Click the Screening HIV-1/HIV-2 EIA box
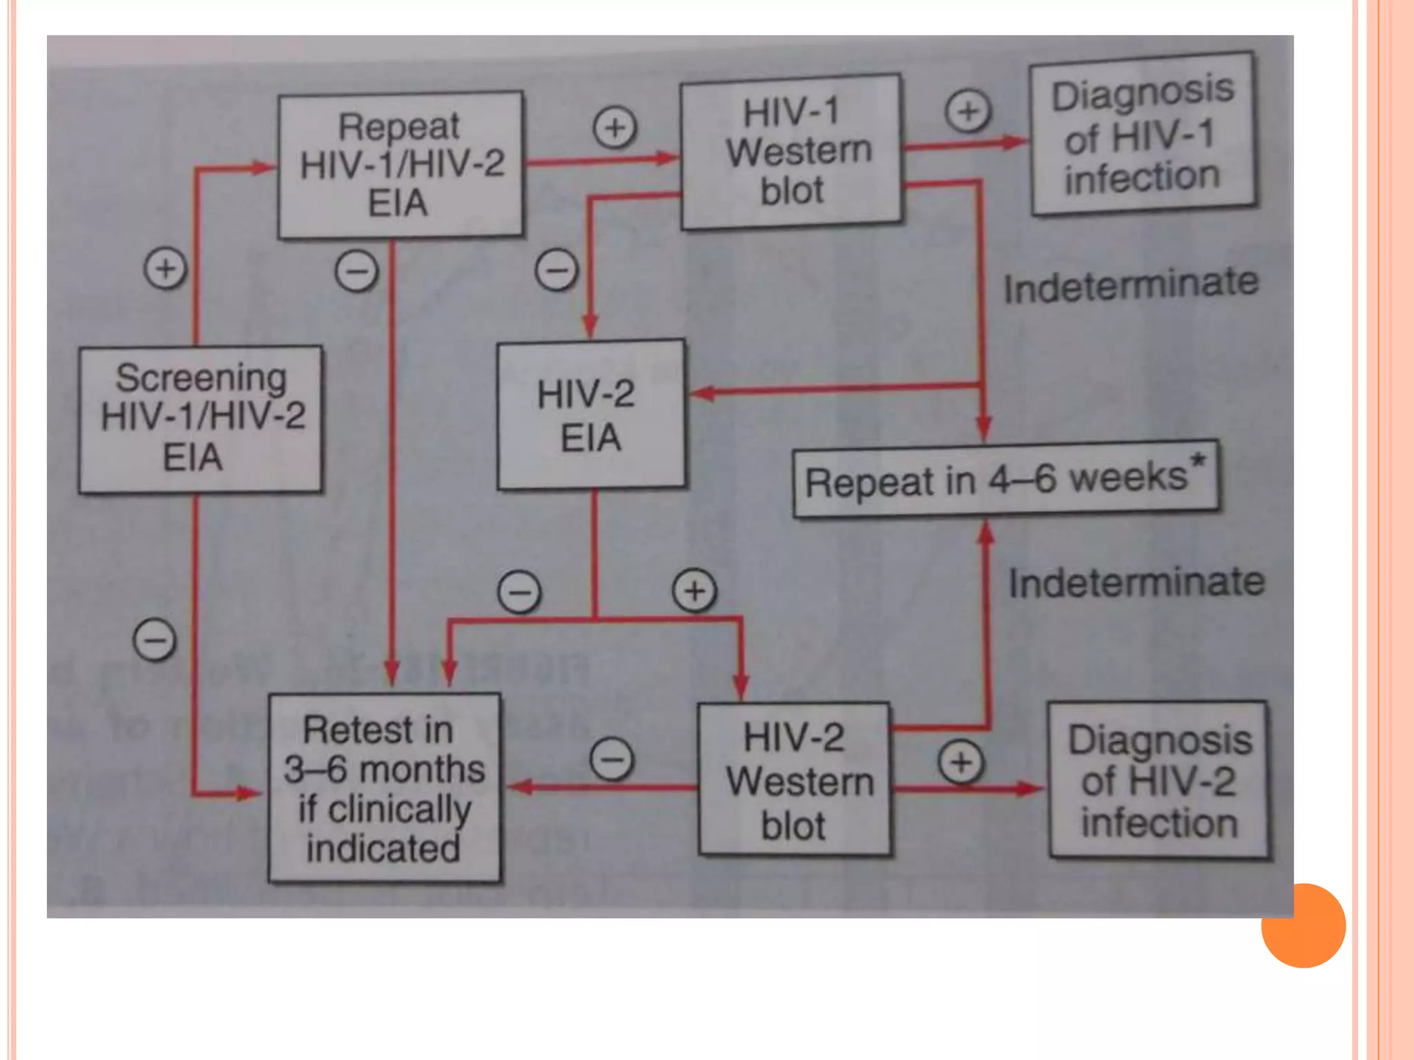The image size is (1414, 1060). tap(200, 418)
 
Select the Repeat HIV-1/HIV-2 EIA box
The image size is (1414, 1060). tap(400, 164)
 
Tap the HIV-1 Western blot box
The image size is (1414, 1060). tap(791, 151)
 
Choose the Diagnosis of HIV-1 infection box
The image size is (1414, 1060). tap(1143, 133)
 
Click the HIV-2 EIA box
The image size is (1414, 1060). tap(591, 415)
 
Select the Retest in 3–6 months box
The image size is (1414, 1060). tap(385, 787)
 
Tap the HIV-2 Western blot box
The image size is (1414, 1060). tap(794, 781)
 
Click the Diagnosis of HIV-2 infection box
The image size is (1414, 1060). tap(1159, 780)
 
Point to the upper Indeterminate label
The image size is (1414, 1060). tap(1131, 285)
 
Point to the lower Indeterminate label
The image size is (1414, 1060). tap(1136, 582)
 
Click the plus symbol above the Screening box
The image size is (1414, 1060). tap(166, 268)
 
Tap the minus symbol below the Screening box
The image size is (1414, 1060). tap(155, 640)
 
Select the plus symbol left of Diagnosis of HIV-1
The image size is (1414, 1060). tap(968, 111)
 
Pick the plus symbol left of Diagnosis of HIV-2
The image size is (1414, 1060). tap(961, 762)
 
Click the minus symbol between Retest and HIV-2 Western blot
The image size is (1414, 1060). tap(612, 759)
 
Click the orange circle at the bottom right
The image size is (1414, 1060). tap(1303, 925)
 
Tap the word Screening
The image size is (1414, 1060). tap(201, 377)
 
